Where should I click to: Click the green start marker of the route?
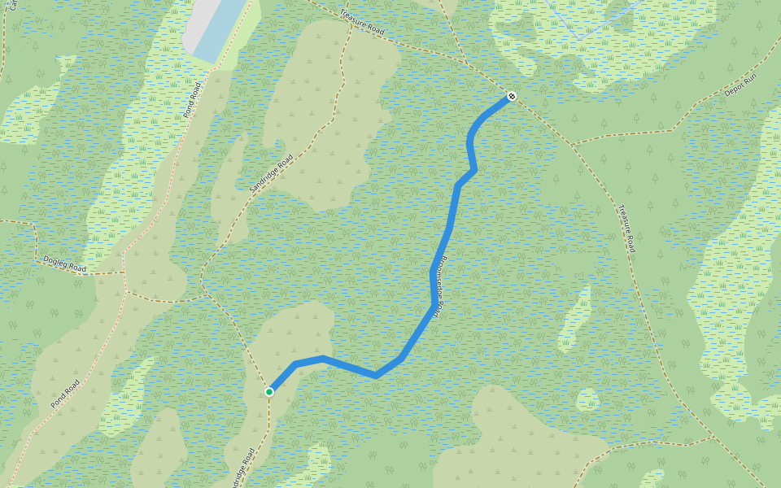pyautogui.click(x=269, y=392)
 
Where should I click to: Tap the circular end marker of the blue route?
pyautogui.click(x=512, y=97)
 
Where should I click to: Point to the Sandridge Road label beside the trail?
pyautogui.click(x=271, y=173)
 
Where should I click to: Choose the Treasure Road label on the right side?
pyautogui.click(x=626, y=227)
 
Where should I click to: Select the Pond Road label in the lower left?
pyautogui.click(x=65, y=394)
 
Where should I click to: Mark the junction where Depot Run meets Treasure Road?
pyautogui.click(x=572, y=144)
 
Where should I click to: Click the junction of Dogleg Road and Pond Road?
pyautogui.click(x=124, y=272)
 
